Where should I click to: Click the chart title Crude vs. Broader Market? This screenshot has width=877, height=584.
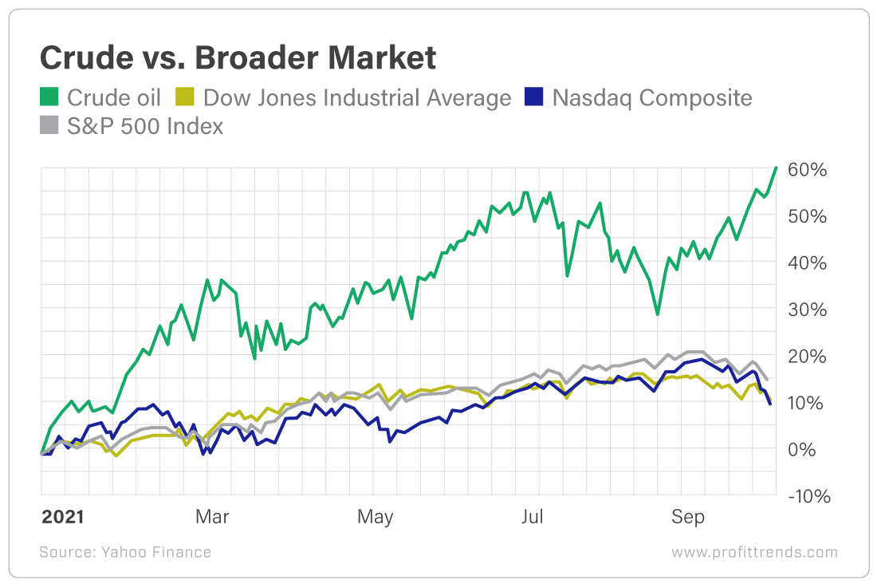(238, 59)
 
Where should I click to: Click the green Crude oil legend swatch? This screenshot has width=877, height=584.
(49, 97)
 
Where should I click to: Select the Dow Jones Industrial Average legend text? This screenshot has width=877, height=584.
(357, 97)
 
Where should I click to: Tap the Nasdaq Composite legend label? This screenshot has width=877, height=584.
(651, 97)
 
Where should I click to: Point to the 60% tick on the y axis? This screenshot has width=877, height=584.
(808, 170)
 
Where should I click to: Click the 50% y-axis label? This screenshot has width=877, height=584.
(808, 216)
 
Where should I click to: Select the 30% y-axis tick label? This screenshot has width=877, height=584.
(808, 310)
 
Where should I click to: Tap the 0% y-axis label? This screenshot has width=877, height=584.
(804, 449)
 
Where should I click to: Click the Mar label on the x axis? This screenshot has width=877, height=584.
(211, 517)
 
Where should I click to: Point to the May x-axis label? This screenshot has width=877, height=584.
(375, 517)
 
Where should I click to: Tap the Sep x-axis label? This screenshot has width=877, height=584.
(688, 517)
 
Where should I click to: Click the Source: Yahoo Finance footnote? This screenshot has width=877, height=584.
(125, 552)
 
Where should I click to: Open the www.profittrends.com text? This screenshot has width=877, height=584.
(754, 552)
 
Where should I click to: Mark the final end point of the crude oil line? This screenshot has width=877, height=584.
(776, 168)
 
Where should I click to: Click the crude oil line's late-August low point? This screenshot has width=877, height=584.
(658, 314)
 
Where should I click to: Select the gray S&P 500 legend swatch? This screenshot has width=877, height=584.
(49, 125)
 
